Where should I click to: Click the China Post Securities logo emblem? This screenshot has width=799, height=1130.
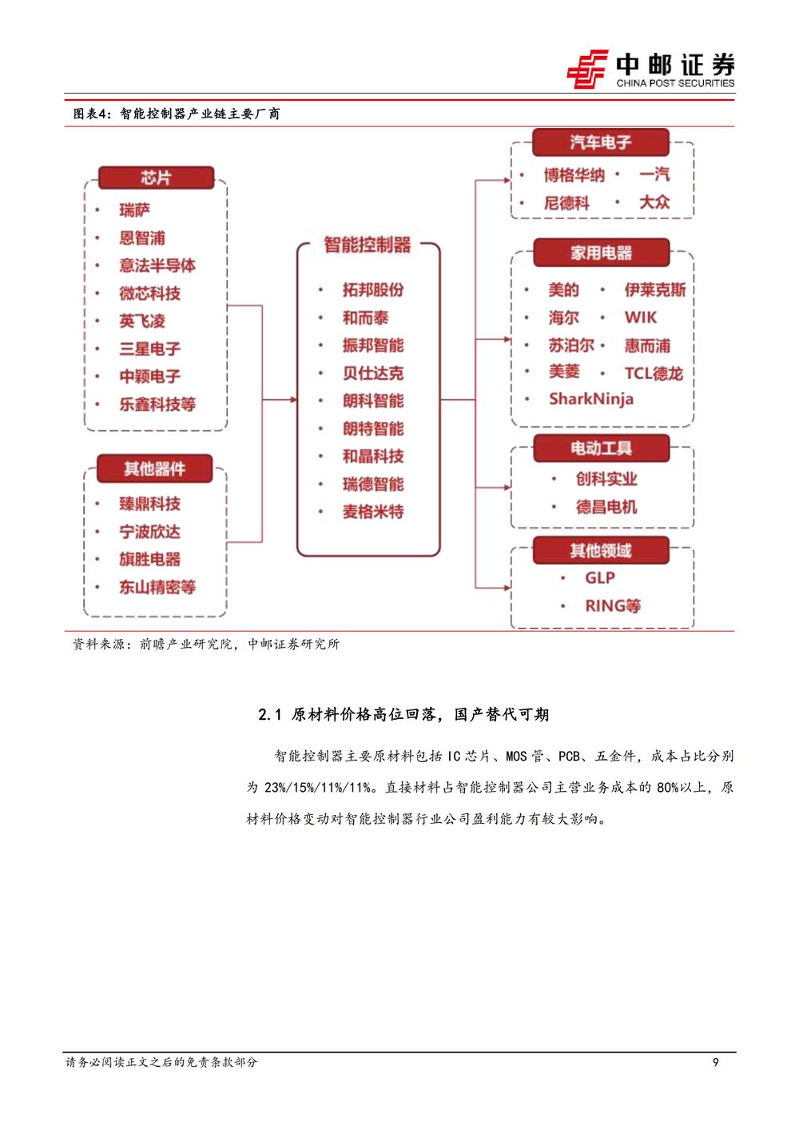tap(587, 69)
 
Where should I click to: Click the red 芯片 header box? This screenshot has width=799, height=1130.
tap(157, 178)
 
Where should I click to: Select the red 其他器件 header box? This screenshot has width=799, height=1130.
tap(155, 469)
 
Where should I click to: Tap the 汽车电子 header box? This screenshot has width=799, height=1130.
tap(601, 142)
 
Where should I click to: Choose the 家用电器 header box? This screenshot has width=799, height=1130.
tap(602, 253)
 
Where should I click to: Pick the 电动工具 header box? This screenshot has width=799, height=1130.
tap(602, 448)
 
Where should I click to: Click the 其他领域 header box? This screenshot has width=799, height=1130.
tap(601, 550)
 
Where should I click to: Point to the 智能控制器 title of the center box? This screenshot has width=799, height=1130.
tap(368, 245)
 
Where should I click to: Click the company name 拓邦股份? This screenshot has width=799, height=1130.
tap(373, 289)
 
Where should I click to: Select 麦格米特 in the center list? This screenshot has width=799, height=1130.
tap(373, 512)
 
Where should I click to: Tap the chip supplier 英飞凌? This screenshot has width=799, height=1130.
tap(142, 321)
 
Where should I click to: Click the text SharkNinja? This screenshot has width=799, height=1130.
tap(591, 399)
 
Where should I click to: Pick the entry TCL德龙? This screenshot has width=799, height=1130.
tap(654, 373)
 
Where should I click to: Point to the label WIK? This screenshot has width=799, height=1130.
tap(641, 317)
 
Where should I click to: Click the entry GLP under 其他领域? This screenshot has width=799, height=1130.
tap(600, 577)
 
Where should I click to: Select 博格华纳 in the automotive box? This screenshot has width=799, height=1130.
tap(574, 175)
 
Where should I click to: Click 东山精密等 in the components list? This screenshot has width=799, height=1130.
tap(157, 587)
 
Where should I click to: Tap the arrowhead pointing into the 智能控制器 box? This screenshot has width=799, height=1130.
tap(293, 400)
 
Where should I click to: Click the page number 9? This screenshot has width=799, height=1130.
tap(716, 1062)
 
